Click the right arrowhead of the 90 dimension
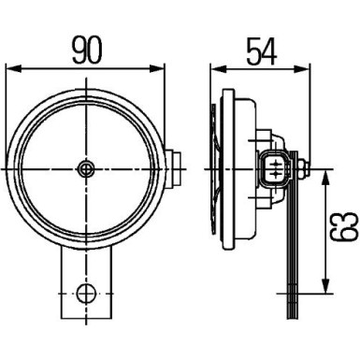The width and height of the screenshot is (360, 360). [x=154, y=67]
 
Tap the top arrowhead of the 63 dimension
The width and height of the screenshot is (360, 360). [x=324, y=177]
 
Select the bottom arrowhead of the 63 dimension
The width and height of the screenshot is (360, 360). [x=324, y=284]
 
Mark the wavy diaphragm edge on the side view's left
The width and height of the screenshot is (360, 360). [x=217, y=168]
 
